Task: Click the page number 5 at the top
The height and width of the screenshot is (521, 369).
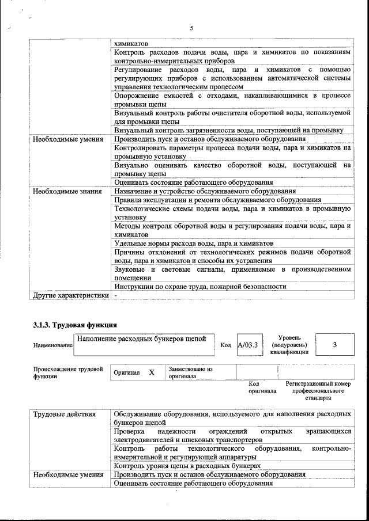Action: click(191, 28)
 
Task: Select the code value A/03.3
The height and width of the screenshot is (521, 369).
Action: click(249, 345)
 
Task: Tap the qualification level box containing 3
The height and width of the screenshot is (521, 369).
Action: click(335, 344)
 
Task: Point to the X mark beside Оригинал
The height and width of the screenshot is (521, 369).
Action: click(152, 372)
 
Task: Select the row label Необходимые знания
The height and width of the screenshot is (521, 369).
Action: click(68, 191)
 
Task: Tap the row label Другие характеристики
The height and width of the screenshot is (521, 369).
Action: click(70, 295)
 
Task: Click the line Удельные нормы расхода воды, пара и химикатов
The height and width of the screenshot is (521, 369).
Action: click(193, 243)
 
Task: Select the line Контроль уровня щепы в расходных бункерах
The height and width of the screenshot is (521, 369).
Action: click(187, 465)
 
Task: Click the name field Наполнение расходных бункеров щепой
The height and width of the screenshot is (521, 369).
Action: click(142, 339)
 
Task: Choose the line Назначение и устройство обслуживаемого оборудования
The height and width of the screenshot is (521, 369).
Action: click(205, 191)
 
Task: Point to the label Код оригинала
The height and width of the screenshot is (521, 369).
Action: click(262, 387)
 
